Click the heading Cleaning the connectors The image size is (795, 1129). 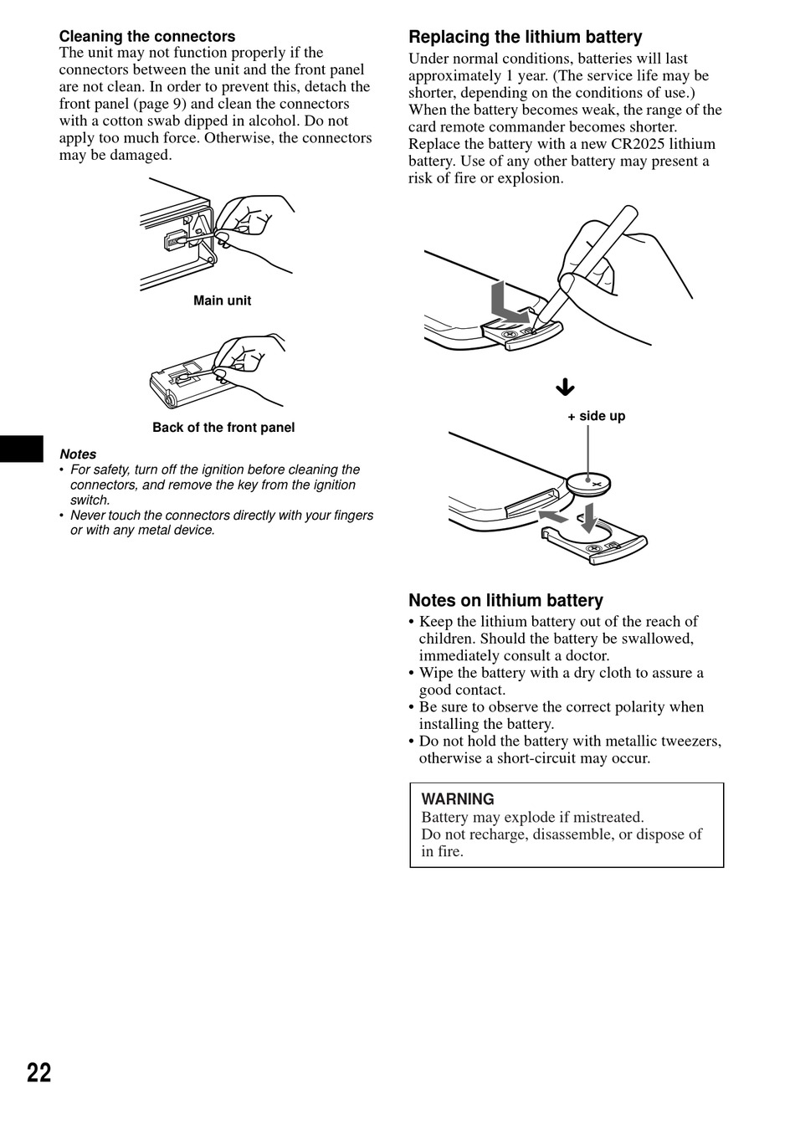tap(146, 37)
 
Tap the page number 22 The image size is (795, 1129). tap(38, 1073)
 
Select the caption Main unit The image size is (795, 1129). tap(222, 300)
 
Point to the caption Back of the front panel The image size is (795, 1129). tap(223, 428)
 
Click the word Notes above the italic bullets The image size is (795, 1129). tap(78, 454)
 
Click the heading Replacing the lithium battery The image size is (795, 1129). tap(525, 37)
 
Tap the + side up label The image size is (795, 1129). tap(596, 416)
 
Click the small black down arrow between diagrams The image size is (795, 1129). tap(566, 387)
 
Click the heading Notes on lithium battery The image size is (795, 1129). tap(505, 600)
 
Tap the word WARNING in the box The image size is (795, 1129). tap(458, 799)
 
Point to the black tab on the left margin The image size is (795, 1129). tap(21, 448)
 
